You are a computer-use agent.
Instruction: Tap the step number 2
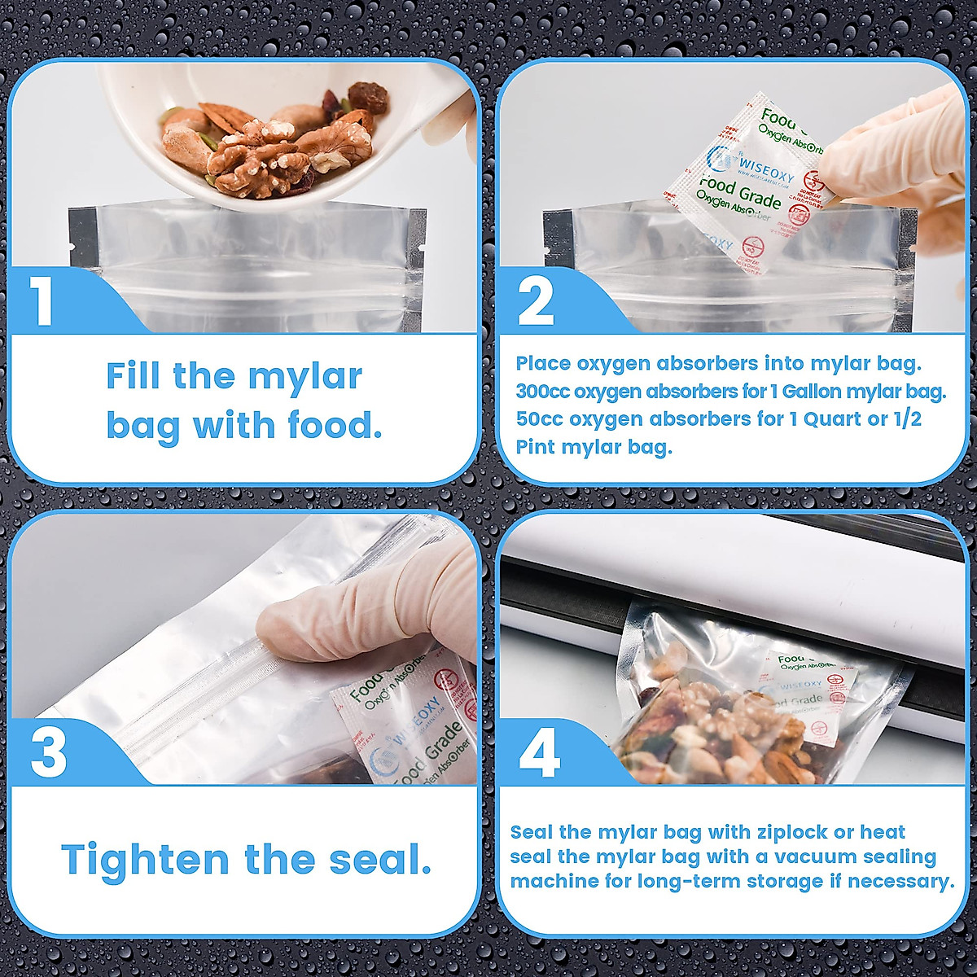coord(536,302)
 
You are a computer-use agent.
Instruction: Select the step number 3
coord(49,752)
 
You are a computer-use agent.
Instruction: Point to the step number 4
coord(540,752)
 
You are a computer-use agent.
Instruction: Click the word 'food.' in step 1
coord(335,426)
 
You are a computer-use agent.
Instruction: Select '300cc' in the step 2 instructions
coord(543,392)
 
